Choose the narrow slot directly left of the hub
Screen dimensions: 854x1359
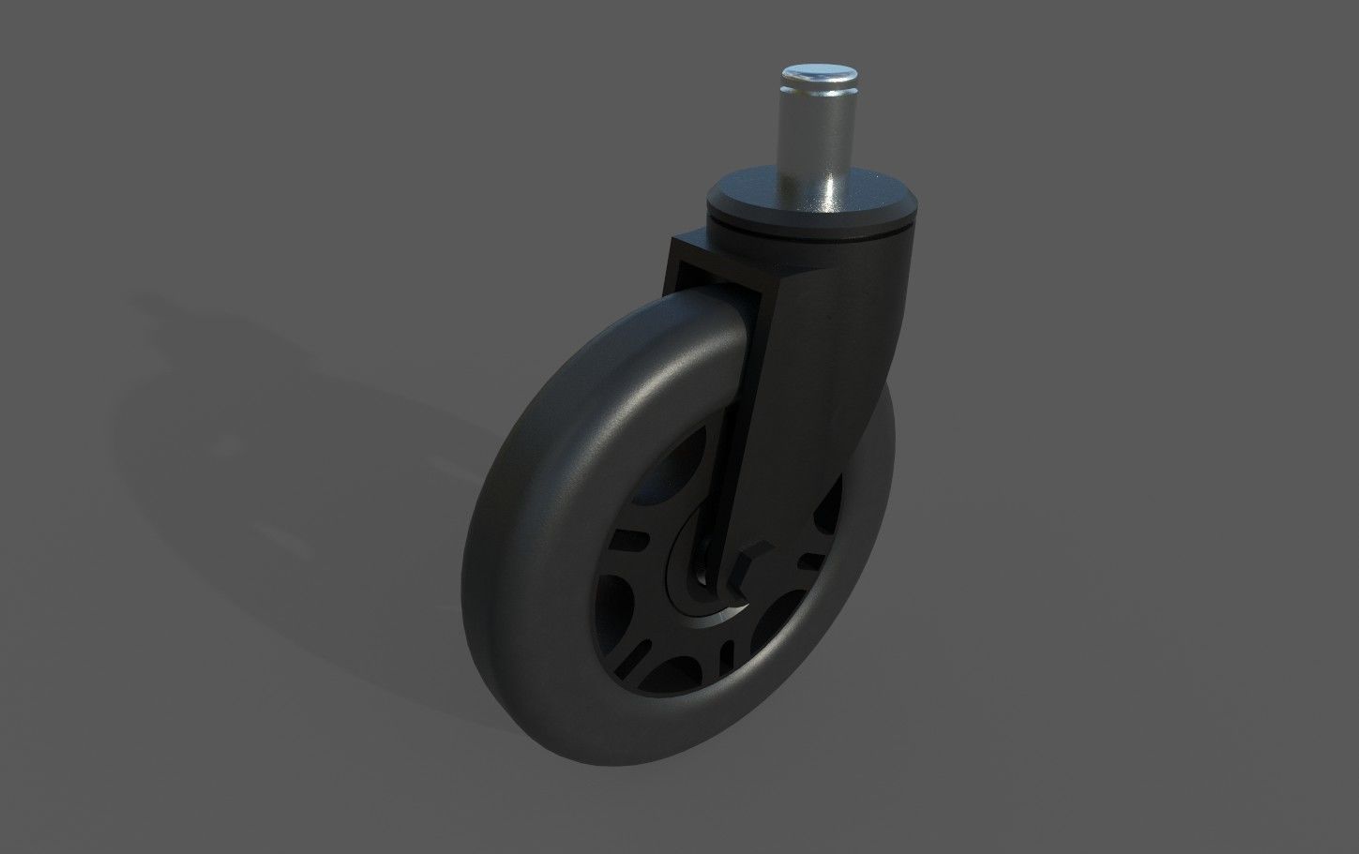point(628,541)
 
